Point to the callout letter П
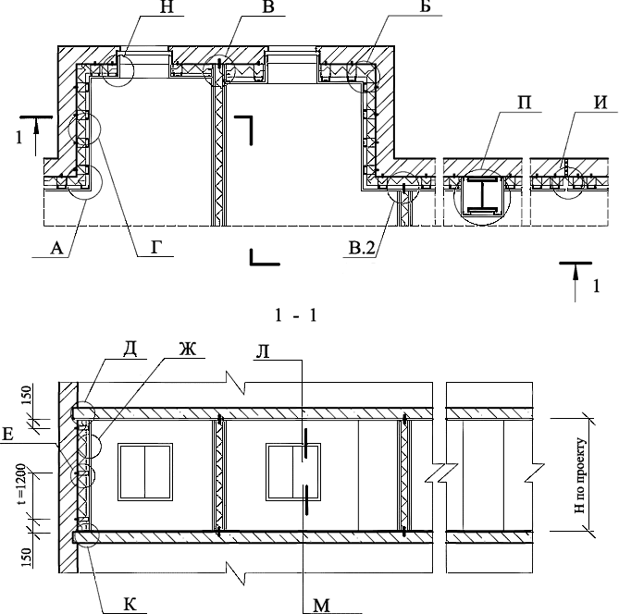pos(497,101)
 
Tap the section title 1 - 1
pos(296,316)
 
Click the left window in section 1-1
pos(145,468)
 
